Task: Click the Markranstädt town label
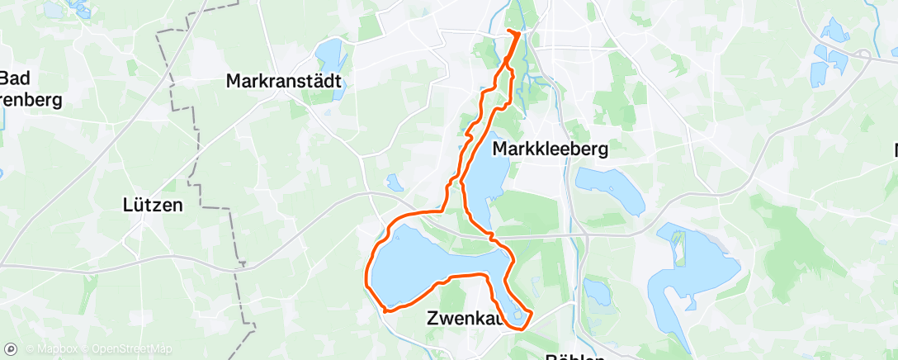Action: [283, 82]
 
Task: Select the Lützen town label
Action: [152, 205]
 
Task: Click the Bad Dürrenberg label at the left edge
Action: [25, 90]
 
